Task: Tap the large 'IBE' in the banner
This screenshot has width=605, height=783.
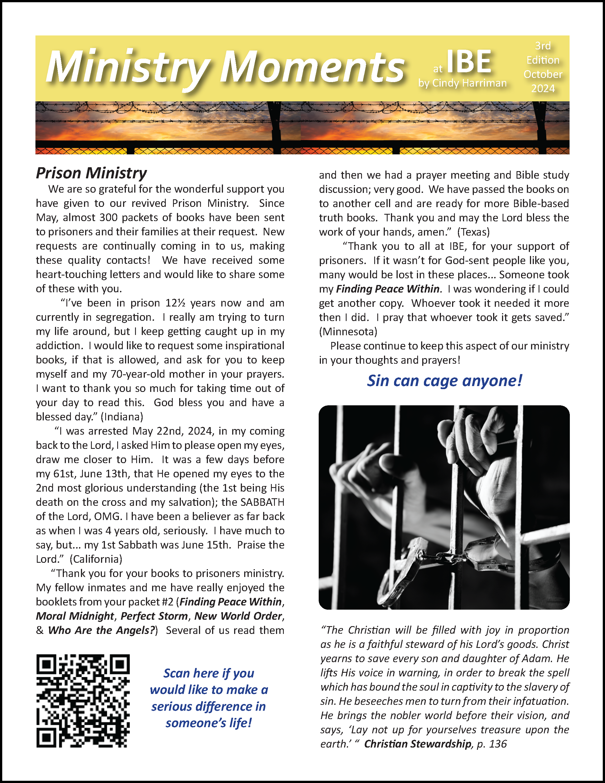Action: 469,62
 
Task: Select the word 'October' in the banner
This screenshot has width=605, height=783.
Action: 543,74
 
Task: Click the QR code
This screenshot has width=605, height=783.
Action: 83,701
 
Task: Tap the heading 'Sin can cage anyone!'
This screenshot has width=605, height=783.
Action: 445,381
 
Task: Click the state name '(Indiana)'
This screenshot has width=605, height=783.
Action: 122,416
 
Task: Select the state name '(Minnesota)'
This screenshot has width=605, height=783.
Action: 348,331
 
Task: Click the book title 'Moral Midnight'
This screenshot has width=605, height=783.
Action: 75,616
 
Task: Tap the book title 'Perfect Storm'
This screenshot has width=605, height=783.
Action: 154,616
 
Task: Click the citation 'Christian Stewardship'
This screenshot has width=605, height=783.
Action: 417,744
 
